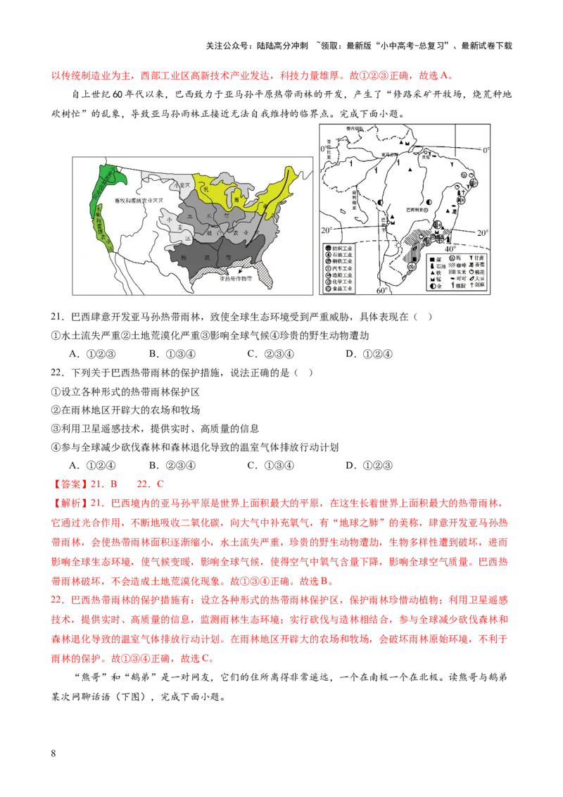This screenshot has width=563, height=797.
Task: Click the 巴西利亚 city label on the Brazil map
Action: [411, 210]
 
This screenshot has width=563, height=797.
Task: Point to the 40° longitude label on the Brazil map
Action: [450, 249]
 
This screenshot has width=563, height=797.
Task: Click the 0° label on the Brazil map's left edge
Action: [324, 149]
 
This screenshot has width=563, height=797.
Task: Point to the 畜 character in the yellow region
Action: [237, 199]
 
